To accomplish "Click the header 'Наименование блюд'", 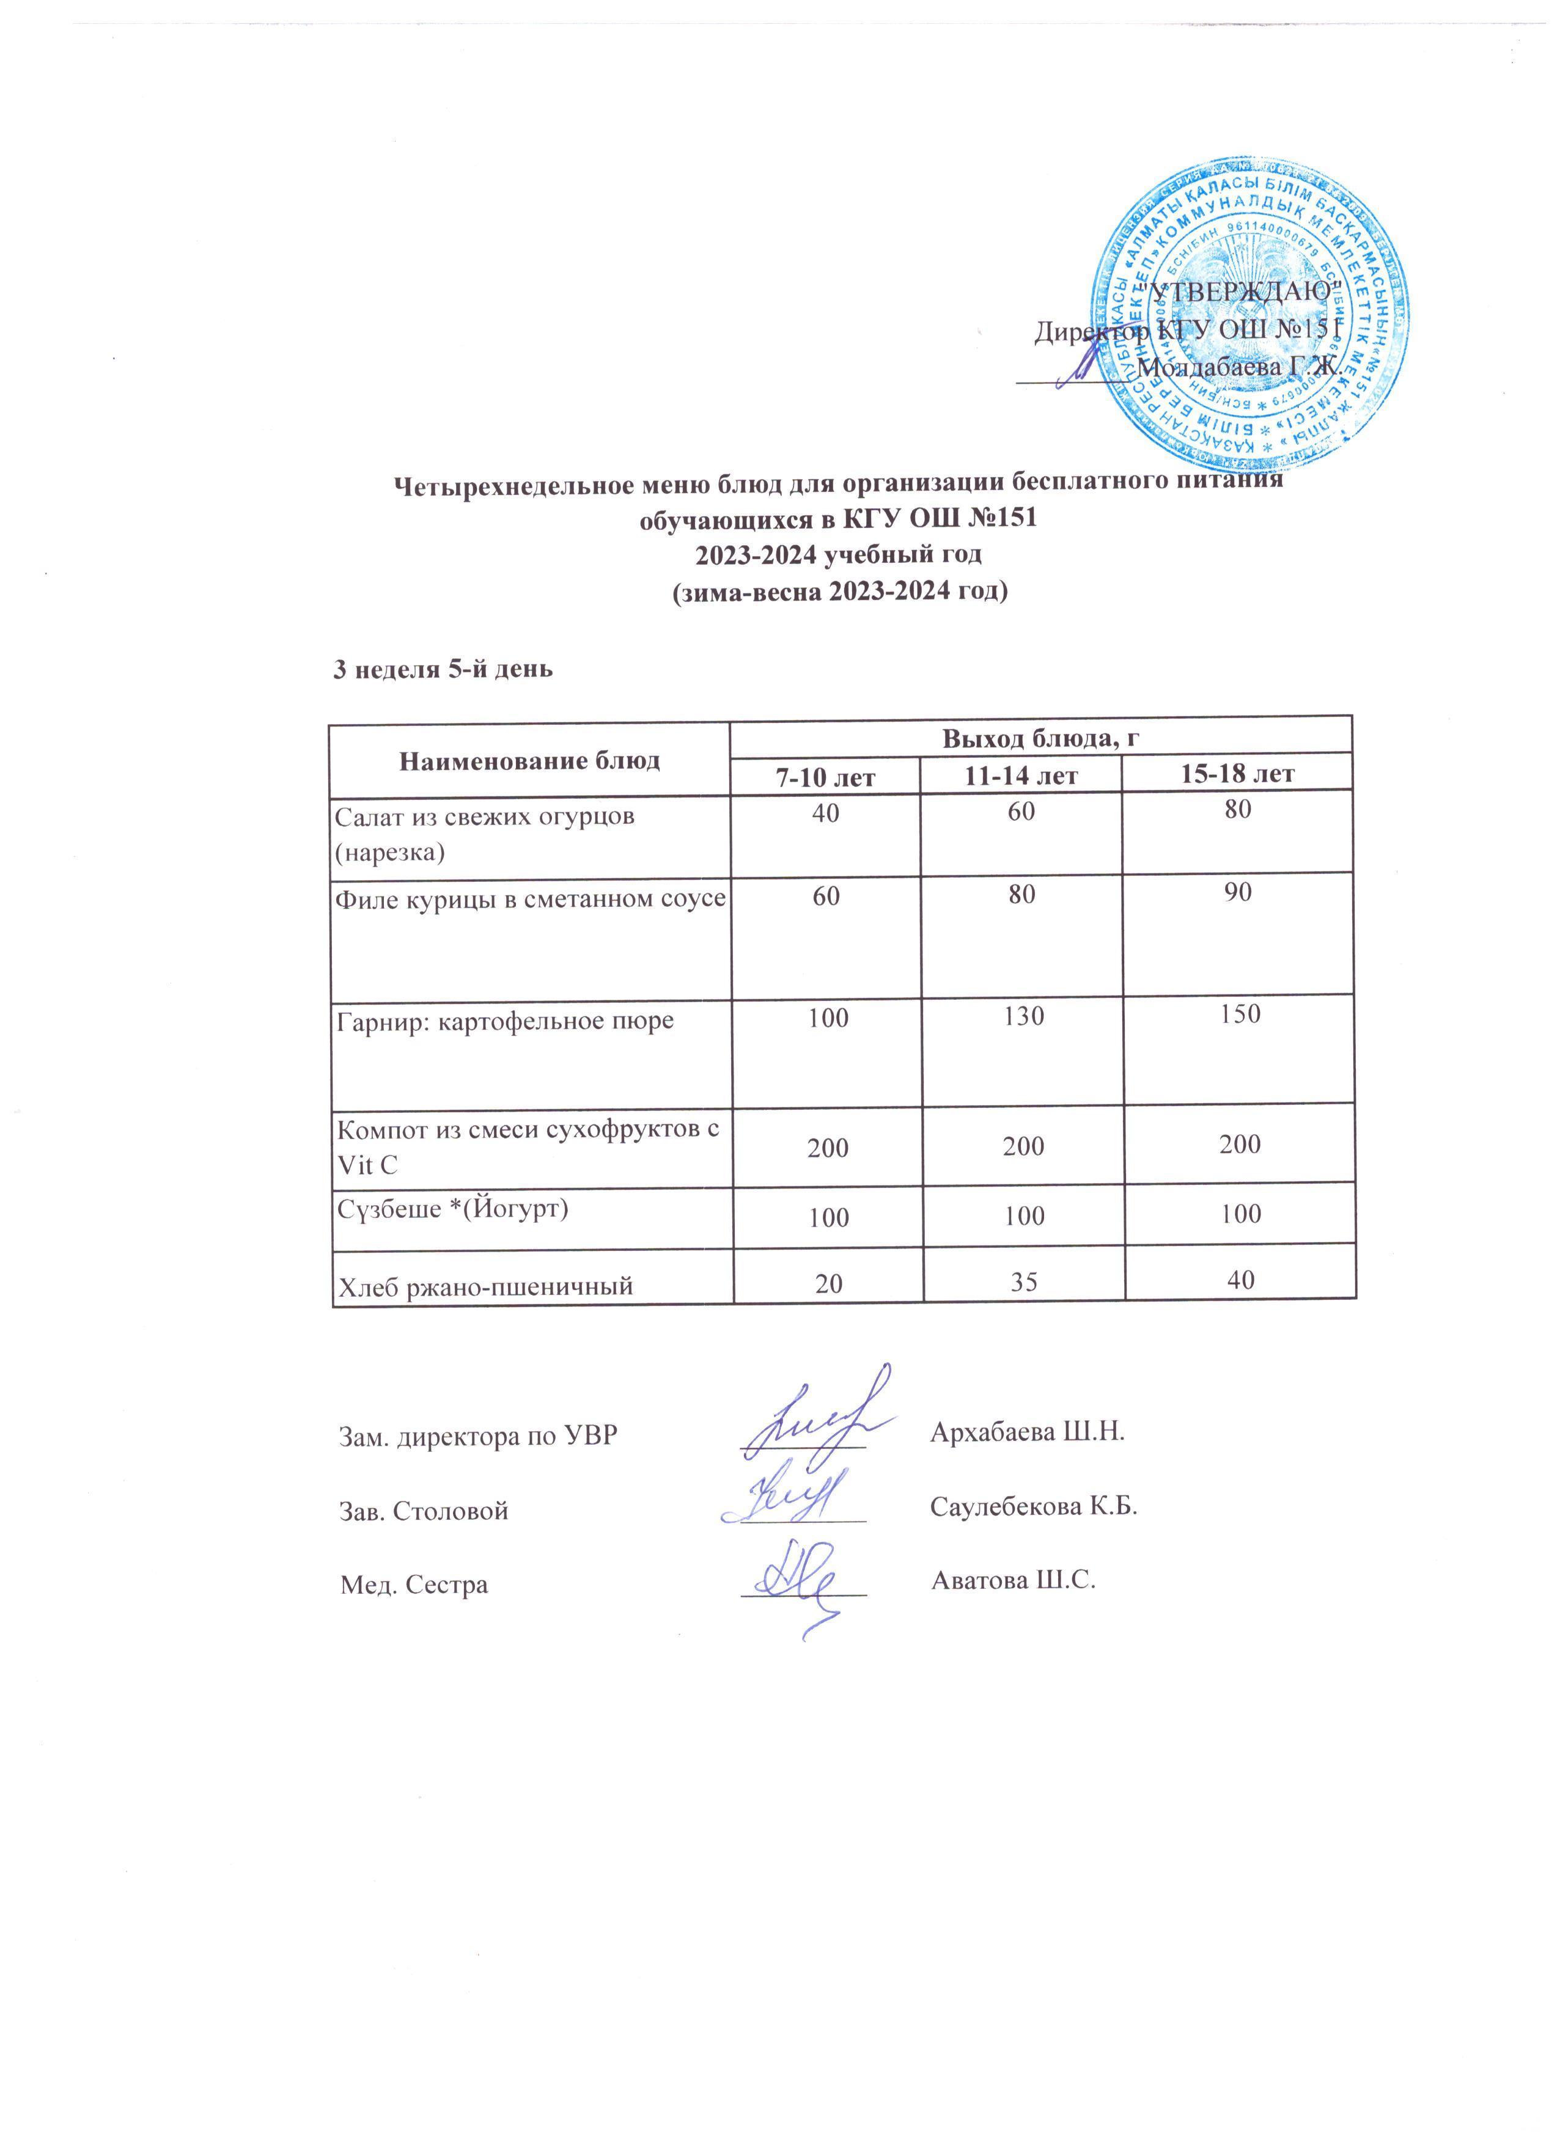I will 530,760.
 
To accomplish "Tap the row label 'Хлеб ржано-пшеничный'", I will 485,1285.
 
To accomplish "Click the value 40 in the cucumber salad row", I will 825,812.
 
